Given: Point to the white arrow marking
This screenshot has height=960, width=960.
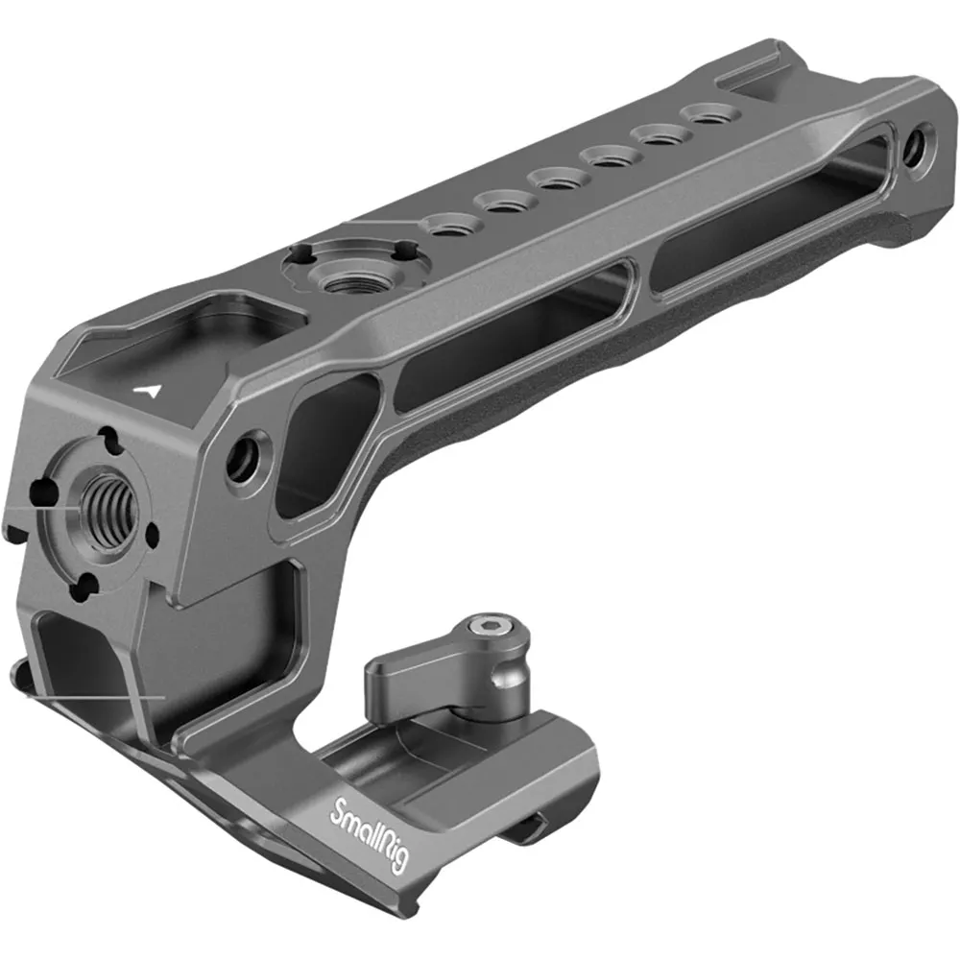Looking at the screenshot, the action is [150, 391].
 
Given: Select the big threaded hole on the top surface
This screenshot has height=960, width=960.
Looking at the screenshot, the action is [347, 279].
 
